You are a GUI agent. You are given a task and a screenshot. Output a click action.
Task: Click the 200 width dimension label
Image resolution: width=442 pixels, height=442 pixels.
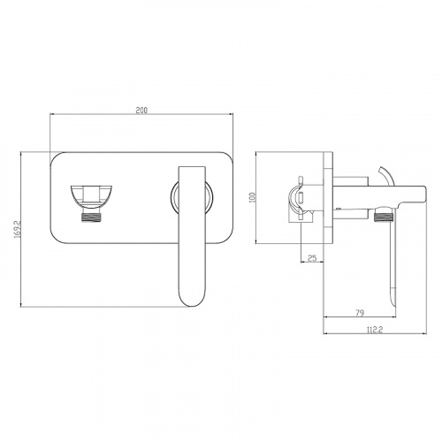pyautogui.click(x=141, y=110)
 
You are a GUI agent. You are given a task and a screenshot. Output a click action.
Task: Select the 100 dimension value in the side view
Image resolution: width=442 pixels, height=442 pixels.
pyautogui.click(x=252, y=197)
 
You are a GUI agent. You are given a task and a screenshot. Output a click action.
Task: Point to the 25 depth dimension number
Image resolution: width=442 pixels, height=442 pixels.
pyautogui.click(x=312, y=258)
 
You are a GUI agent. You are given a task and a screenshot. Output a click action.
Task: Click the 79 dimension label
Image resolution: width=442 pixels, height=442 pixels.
pyautogui.click(x=360, y=313)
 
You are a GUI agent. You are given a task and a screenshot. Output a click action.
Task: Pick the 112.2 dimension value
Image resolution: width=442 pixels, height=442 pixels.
pyautogui.click(x=375, y=330)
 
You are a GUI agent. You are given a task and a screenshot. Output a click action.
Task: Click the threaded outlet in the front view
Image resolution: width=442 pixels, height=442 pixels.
pyautogui.click(x=91, y=217)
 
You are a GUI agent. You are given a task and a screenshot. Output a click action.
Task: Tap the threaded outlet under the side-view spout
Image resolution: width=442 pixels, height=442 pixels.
pyautogui.click(x=384, y=217)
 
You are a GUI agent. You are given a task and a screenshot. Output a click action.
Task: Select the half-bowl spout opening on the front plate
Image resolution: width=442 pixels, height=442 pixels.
pyautogui.click(x=91, y=196)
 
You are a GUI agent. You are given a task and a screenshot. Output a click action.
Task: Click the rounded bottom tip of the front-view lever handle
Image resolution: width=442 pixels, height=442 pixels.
pyautogui.click(x=193, y=305)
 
